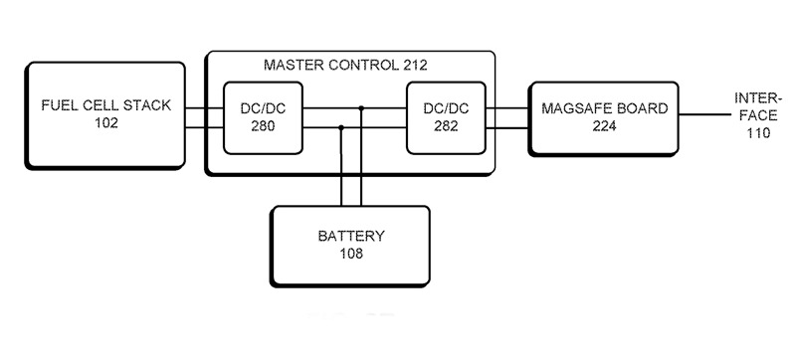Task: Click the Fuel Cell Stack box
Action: click(104, 113)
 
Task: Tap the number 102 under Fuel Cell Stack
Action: click(105, 124)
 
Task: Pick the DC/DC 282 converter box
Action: click(443, 116)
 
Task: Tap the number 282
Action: click(443, 126)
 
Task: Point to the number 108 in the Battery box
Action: click(349, 254)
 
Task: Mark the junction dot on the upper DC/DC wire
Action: click(361, 107)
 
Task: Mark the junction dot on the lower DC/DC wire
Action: click(341, 127)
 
